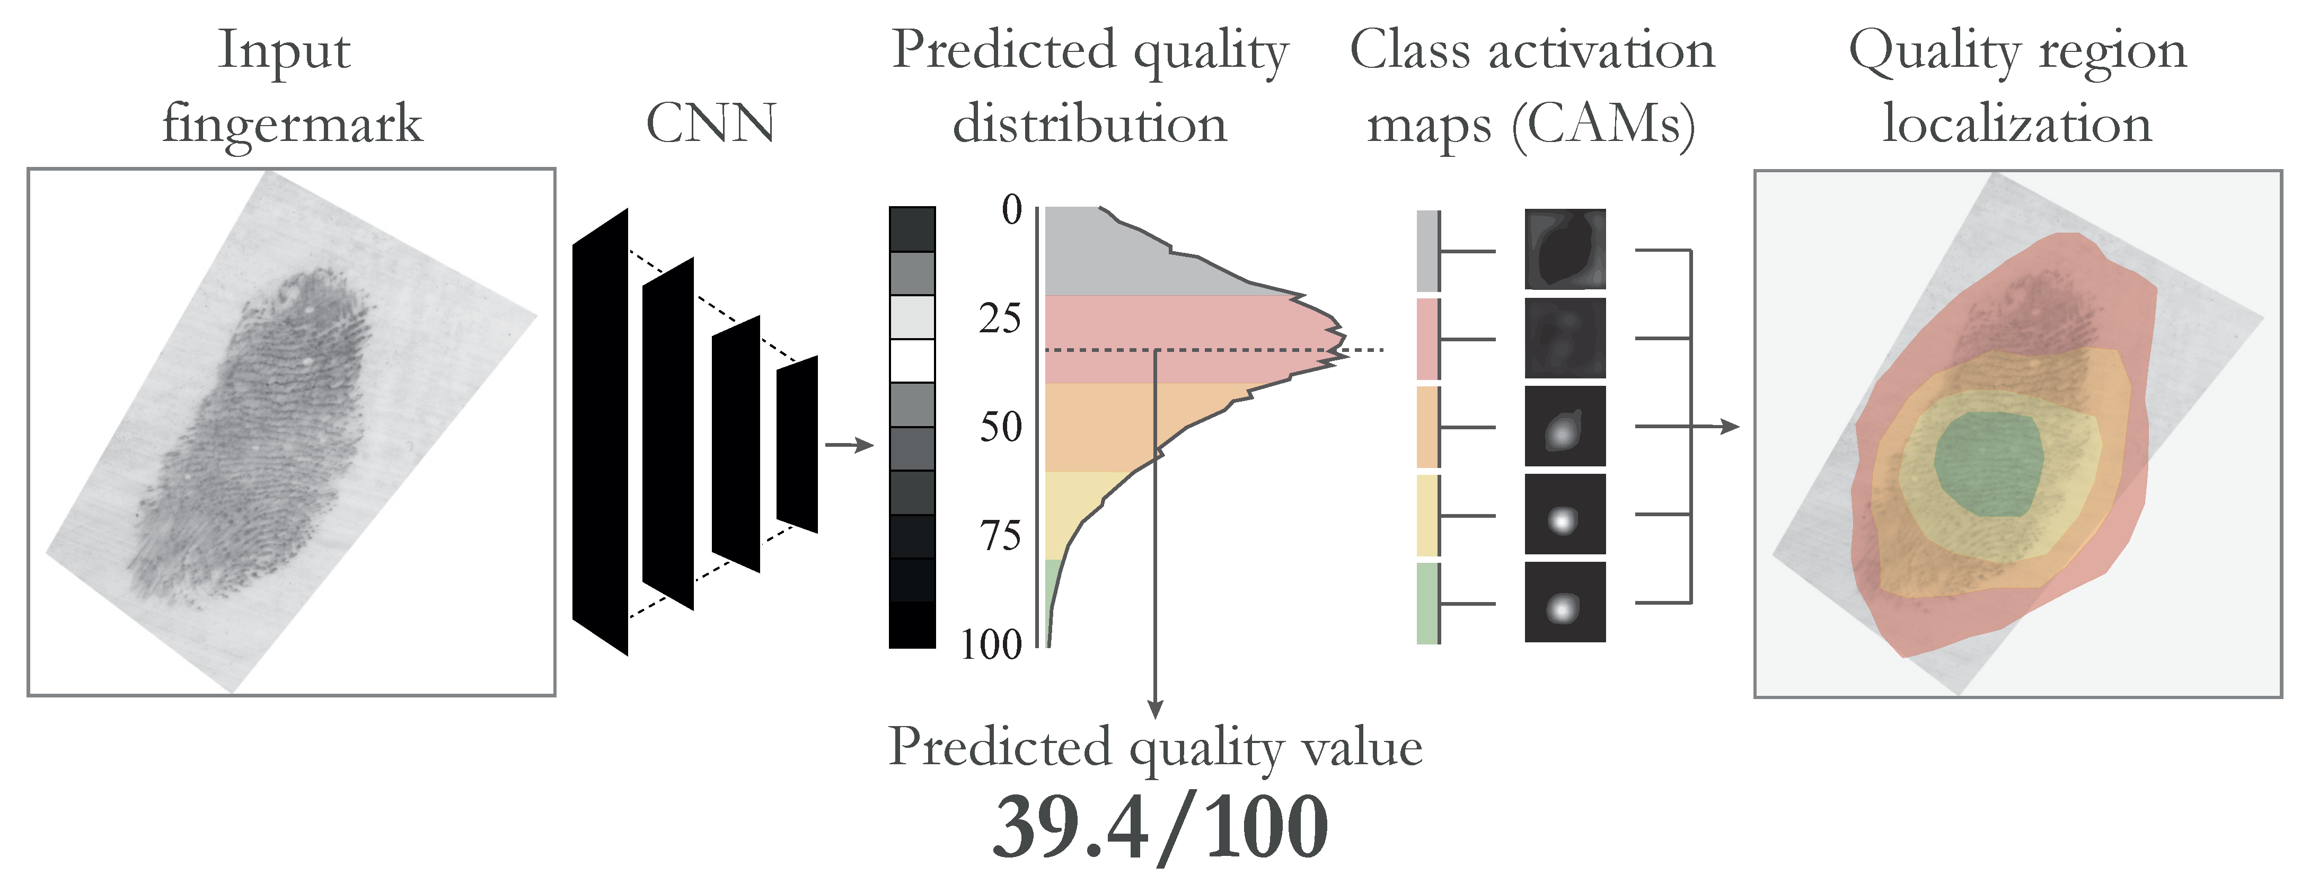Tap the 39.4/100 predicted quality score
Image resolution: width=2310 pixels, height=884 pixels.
point(1159,827)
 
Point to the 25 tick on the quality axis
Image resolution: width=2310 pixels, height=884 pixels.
point(1000,319)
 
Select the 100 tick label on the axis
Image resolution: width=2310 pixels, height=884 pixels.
point(991,644)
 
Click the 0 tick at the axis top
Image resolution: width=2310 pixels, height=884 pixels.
point(1011,211)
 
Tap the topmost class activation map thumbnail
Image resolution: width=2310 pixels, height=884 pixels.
point(1565,249)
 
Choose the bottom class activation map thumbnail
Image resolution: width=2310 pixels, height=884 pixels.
point(1565,603)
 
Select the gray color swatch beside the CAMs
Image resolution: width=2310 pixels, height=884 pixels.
point(1427,251)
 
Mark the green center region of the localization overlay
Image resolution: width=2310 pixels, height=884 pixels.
point(1989,464)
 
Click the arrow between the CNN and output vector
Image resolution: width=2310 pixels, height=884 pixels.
point(848,445)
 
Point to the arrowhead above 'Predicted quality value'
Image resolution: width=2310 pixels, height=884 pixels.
point(1155,708)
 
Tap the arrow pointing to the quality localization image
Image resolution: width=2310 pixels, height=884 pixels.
point(1726,427)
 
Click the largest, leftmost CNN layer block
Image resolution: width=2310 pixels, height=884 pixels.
point(600,432)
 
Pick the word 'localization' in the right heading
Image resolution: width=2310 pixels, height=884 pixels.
point(2017,123)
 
